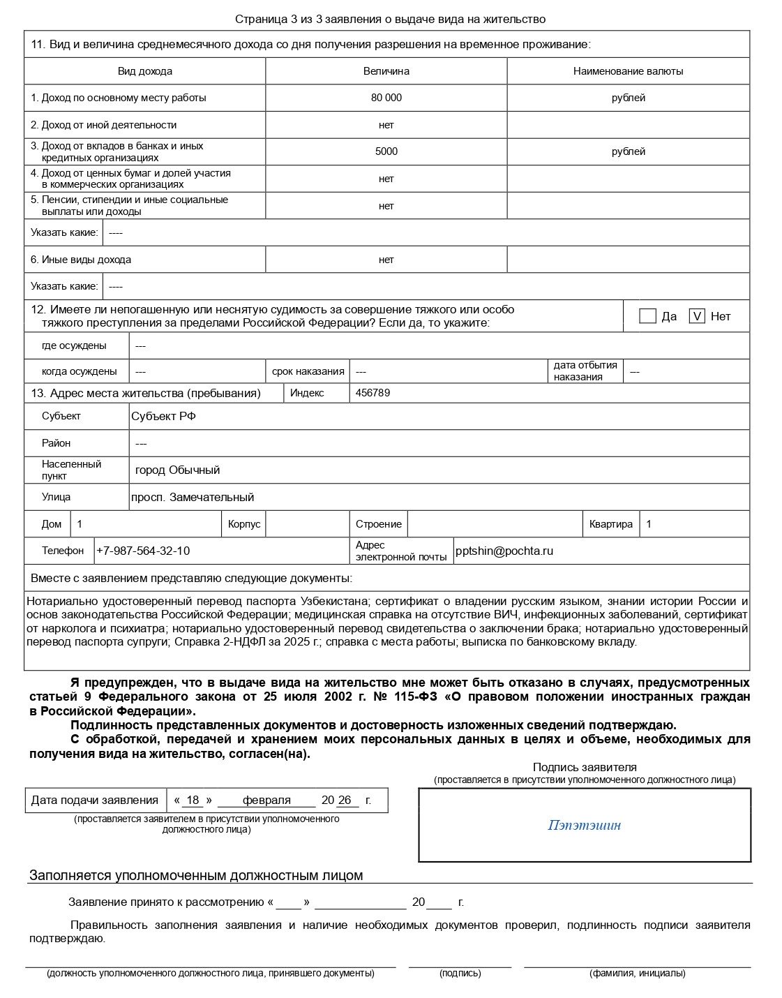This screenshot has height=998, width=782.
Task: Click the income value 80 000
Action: pos(386,98)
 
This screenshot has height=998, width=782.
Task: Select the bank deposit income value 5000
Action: pos(386,151)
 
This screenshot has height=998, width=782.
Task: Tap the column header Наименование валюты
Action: pos(628,71)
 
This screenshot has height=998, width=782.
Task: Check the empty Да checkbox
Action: pos(647,316)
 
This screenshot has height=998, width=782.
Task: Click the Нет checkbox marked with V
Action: pos(696,316)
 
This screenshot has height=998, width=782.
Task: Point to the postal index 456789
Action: pos(373,393)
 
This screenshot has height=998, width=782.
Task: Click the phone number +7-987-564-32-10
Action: pos(143,551)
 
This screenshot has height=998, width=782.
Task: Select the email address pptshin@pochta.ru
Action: pos(504,551)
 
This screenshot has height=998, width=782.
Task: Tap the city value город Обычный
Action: pos(177,470)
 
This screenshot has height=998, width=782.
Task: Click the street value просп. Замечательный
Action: pos(193,497)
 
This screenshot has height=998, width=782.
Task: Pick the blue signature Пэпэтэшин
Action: pos(584,826)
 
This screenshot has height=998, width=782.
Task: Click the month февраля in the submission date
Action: pos(266,800)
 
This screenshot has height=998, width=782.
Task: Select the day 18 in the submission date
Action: pos(193,800)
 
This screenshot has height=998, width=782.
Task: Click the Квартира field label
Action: pos(610,524)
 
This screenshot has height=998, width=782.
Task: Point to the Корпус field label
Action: pos(244,524)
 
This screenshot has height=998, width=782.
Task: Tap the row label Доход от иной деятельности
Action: pos(103,125)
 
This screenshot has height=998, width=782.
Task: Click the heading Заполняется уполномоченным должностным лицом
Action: pos(196,875)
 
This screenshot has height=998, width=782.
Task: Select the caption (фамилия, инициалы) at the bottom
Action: pos(637,973)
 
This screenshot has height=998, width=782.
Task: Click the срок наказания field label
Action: pos(308,371)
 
